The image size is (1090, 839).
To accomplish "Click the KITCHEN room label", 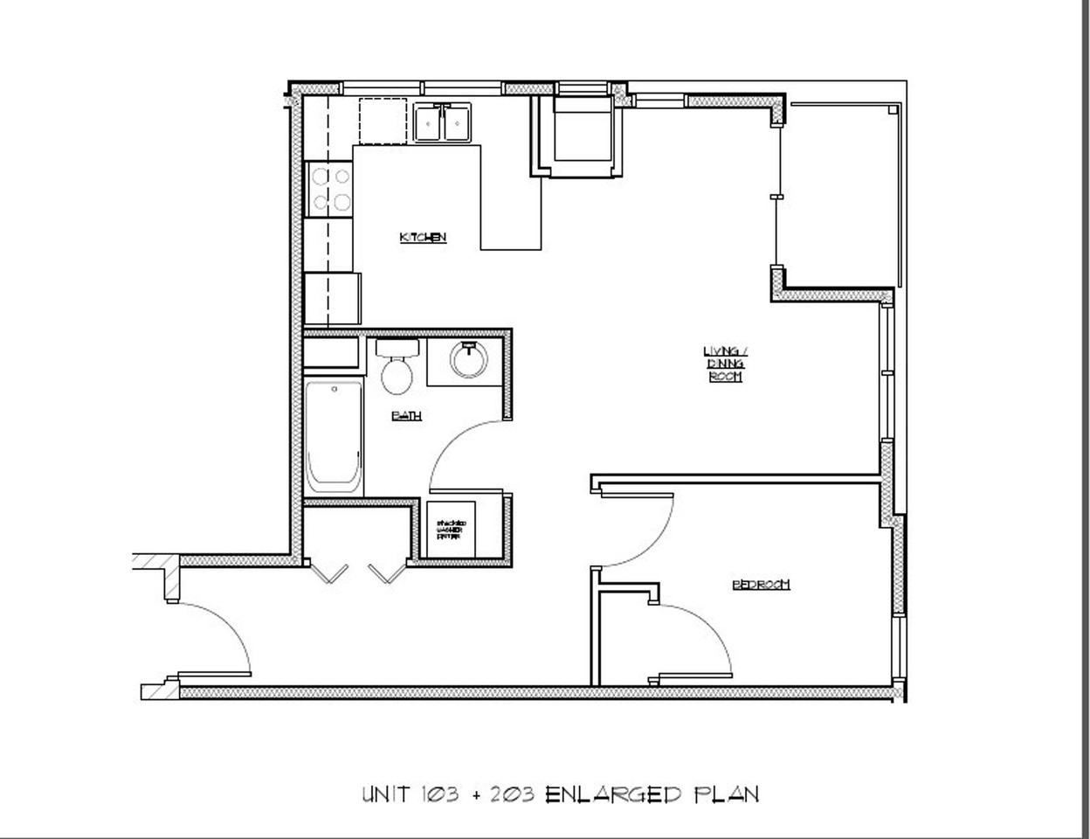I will click(423, 238).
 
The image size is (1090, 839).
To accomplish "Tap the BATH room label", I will click(407, 416).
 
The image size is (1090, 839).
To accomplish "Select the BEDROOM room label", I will click(761, 585).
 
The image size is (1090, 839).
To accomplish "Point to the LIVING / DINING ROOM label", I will click(725, 364).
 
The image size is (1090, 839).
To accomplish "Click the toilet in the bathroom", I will click(397, 366).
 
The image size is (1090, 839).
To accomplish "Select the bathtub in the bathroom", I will click(333, 437).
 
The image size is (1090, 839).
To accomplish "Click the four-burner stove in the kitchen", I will click(329, 190).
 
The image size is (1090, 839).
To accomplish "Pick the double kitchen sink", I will click(443, 122).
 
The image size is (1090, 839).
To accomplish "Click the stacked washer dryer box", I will click(451, 529).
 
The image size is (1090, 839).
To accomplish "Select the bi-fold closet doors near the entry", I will click(358, 572).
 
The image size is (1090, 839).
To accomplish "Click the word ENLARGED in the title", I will click(612, 794).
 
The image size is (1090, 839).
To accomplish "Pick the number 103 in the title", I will click(433, 794).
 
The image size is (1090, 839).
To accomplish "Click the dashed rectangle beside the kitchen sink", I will click(383, 121).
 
